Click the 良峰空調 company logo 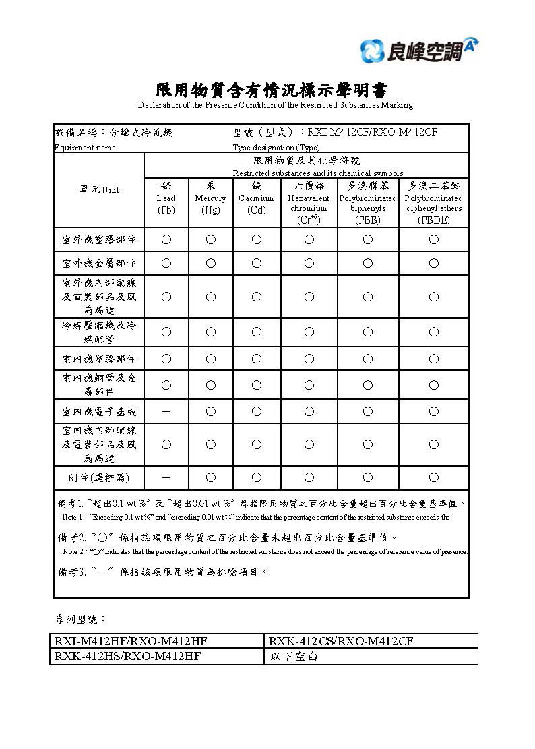419,50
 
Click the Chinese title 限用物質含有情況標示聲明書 272,90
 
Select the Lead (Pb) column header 166,198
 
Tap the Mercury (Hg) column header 210,198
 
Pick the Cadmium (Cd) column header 256,198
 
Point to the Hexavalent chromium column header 309,202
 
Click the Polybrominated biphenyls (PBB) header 367,202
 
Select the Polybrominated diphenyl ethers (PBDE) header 433,202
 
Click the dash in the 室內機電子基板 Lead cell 166,411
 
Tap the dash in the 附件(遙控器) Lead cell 166,477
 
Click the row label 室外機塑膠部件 99,239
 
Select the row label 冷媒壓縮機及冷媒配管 99,332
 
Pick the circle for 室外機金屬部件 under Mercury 210,263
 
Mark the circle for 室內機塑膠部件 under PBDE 433,359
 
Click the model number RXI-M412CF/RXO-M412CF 373,132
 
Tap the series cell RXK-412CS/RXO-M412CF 340,641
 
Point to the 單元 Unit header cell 99,190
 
